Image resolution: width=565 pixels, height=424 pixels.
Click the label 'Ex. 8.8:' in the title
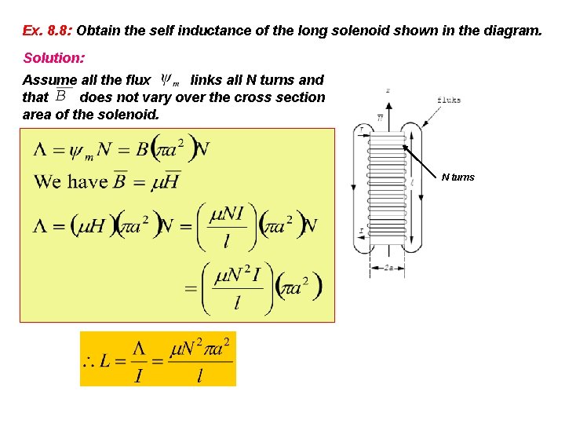point(47,31)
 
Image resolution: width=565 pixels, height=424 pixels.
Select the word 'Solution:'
point(54,58)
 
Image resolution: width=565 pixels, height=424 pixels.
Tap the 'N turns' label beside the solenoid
point(457,177)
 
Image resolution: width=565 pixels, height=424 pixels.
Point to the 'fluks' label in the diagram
point(448,101)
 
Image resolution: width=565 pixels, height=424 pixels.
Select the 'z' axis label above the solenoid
point(388,91)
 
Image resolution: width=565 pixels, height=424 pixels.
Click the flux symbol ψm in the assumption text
point(170,79)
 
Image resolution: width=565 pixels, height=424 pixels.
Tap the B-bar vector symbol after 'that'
point(62,96)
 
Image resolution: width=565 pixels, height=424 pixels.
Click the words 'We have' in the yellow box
point(70,182)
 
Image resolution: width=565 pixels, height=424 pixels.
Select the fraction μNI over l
point(226,226)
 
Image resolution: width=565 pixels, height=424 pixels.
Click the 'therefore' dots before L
point(89,364)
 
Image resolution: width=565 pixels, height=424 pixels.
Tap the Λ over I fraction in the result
point(138,361)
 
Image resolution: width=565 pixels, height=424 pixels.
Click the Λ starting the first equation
point(42,150)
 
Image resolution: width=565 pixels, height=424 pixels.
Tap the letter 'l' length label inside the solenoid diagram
point(411,182)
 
